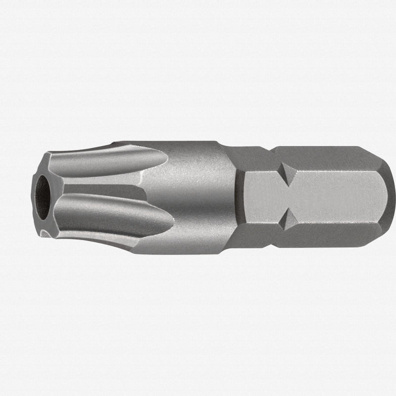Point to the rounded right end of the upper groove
point(161,158)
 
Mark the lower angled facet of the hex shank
point(327,237)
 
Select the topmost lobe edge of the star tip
point(99,146)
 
